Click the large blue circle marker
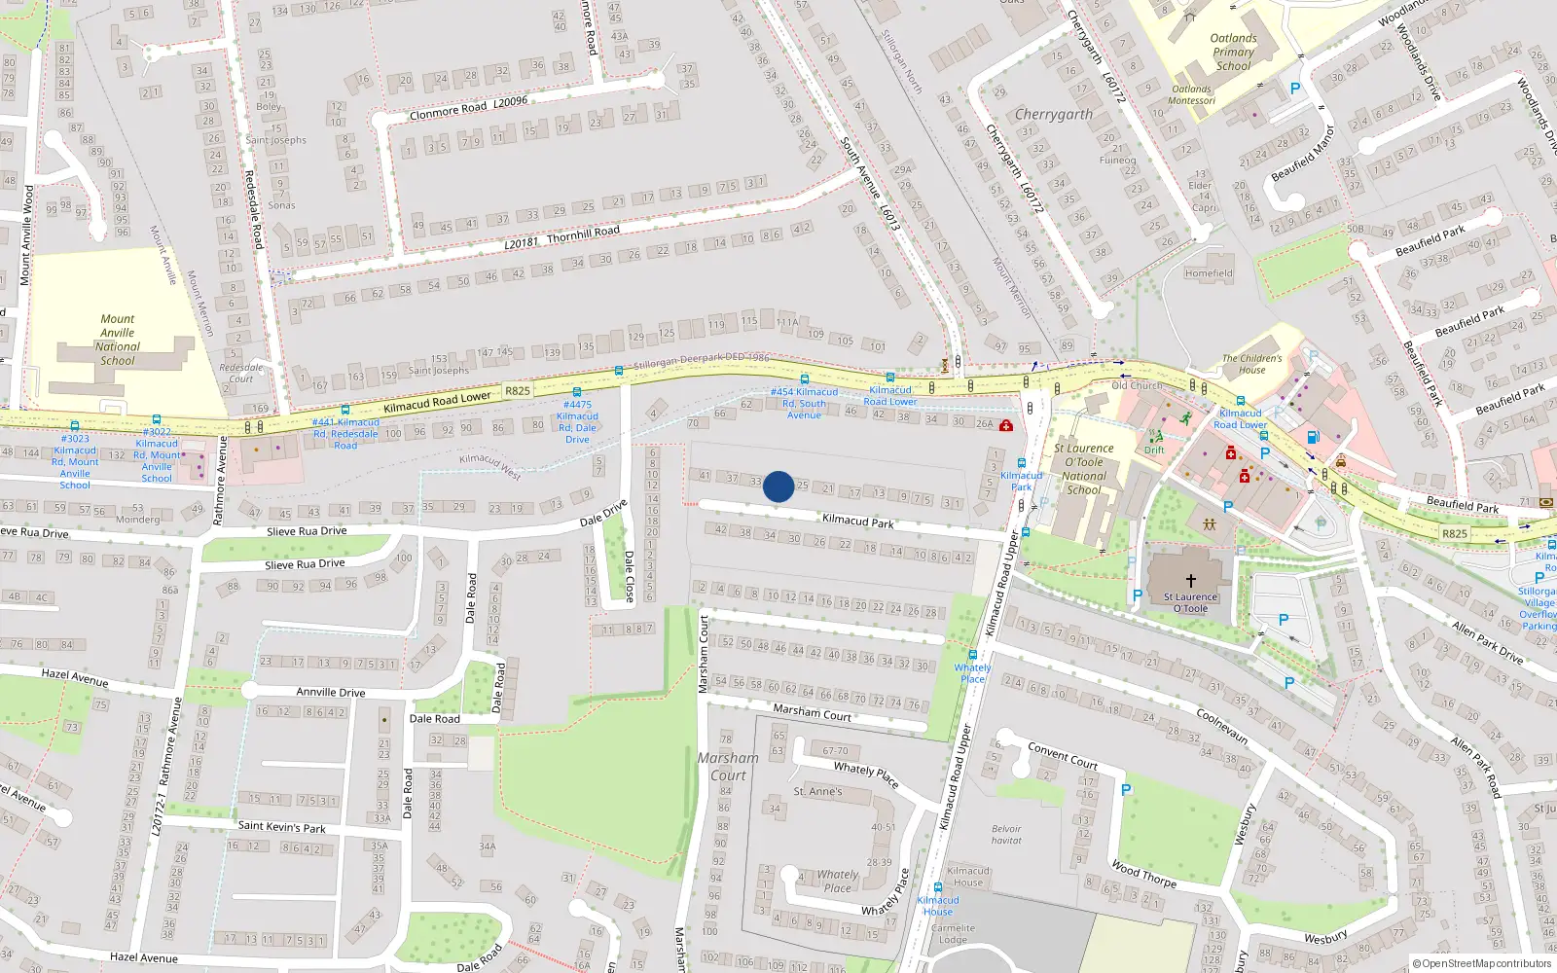click(x=778, y=486)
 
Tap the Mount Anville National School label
click(x=118, y=340)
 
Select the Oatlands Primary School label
click(x=1233, y=53)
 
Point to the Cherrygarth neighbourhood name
click(x=1053, y=114)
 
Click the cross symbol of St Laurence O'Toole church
click(x=1190, y=580)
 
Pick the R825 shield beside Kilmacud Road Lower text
click(x=517, y=391)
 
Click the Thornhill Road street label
click(x=583, y=234)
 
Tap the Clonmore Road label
click(x=448, y=110)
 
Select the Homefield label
click(x=1209, y=273)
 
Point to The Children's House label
click(x=1251, y=364)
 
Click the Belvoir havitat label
click(x=1006, y=835)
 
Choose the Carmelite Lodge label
click(x=953, y=934)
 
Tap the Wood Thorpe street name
click(x=1143, y=874)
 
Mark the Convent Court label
click(x=1063, y=756)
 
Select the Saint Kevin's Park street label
click(x=282, y=827)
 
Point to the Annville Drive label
click(x=331, y=693)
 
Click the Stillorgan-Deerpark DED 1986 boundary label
click(x=701, y=361)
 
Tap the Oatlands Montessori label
click(x=1191, y=94)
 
